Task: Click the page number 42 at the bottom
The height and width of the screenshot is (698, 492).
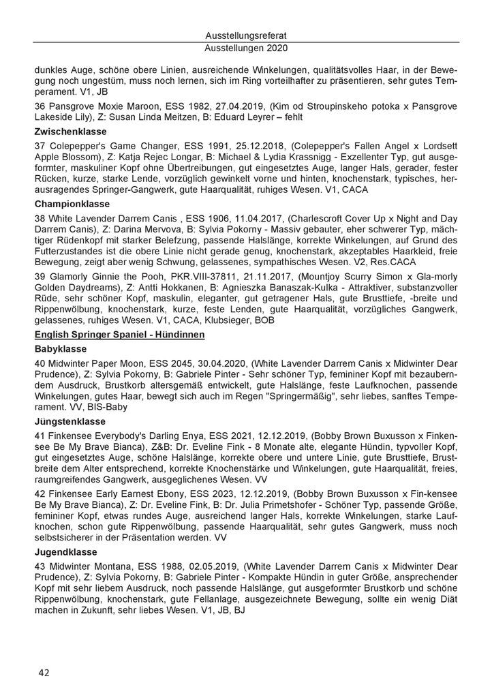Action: click(44, 673)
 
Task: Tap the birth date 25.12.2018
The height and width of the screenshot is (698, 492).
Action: click(224, 145)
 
